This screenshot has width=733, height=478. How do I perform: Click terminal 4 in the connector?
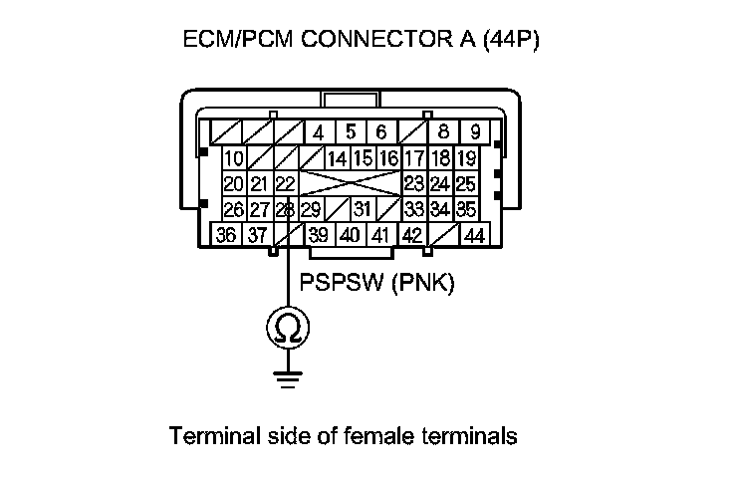(319, 132)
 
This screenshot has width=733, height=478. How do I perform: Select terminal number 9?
(476, 132)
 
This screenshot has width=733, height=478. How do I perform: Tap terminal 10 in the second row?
(234, 158)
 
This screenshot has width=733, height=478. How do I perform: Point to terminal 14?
(338, 158)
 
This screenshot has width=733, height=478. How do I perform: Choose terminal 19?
(465, 158)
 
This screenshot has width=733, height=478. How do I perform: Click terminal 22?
(285, 184)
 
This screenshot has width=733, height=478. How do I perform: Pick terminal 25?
(465, 184)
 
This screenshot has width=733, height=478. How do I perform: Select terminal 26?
(234, 210)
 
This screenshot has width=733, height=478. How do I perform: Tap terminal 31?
(362, 210)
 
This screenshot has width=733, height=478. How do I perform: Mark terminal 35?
(465, 210)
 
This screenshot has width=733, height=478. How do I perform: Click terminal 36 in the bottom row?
(226, 236)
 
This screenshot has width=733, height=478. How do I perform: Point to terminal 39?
(319, 236)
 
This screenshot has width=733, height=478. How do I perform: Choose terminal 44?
(475, 236)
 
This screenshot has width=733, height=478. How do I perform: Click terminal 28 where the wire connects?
(285, 210)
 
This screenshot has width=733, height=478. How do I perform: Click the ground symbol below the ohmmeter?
(286, 375)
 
